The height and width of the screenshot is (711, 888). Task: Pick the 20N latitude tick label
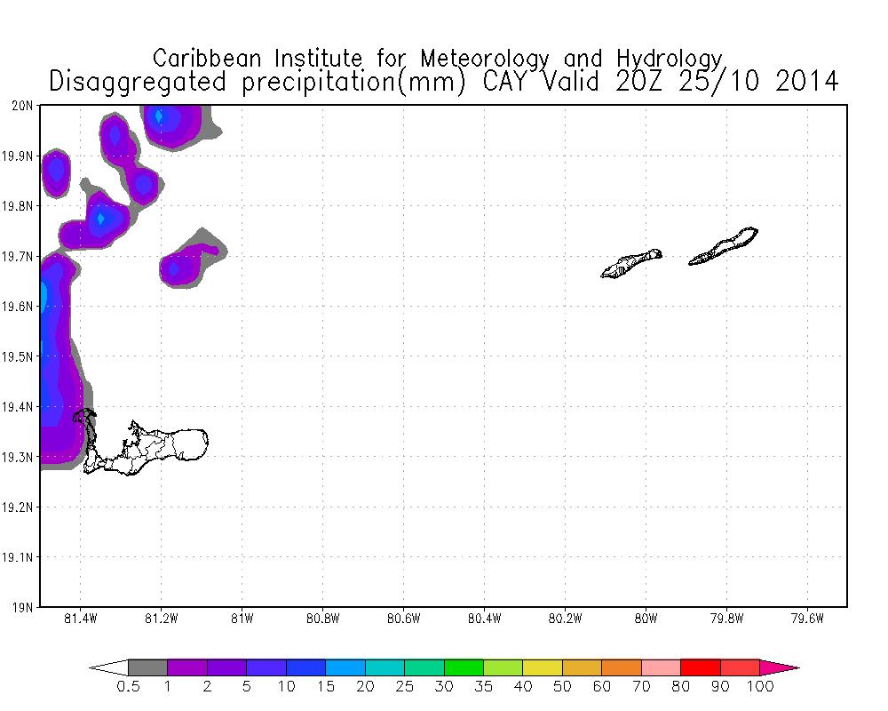(23, 106)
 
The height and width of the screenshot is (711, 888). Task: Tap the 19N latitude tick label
(23, 608)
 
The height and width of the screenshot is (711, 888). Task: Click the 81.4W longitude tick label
(81, 619)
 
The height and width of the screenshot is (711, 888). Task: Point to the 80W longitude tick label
(646, 619)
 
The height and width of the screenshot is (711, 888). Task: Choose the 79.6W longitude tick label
(806, 619)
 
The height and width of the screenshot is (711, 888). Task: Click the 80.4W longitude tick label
(484, 619)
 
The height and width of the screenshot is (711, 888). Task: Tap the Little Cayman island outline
(631, 264)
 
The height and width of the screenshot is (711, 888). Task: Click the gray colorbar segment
(147, 667)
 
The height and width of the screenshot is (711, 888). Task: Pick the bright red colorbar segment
(700, 667)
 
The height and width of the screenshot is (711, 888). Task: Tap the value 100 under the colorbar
(760, 687)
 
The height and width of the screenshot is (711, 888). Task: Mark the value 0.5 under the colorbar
(128, 687)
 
